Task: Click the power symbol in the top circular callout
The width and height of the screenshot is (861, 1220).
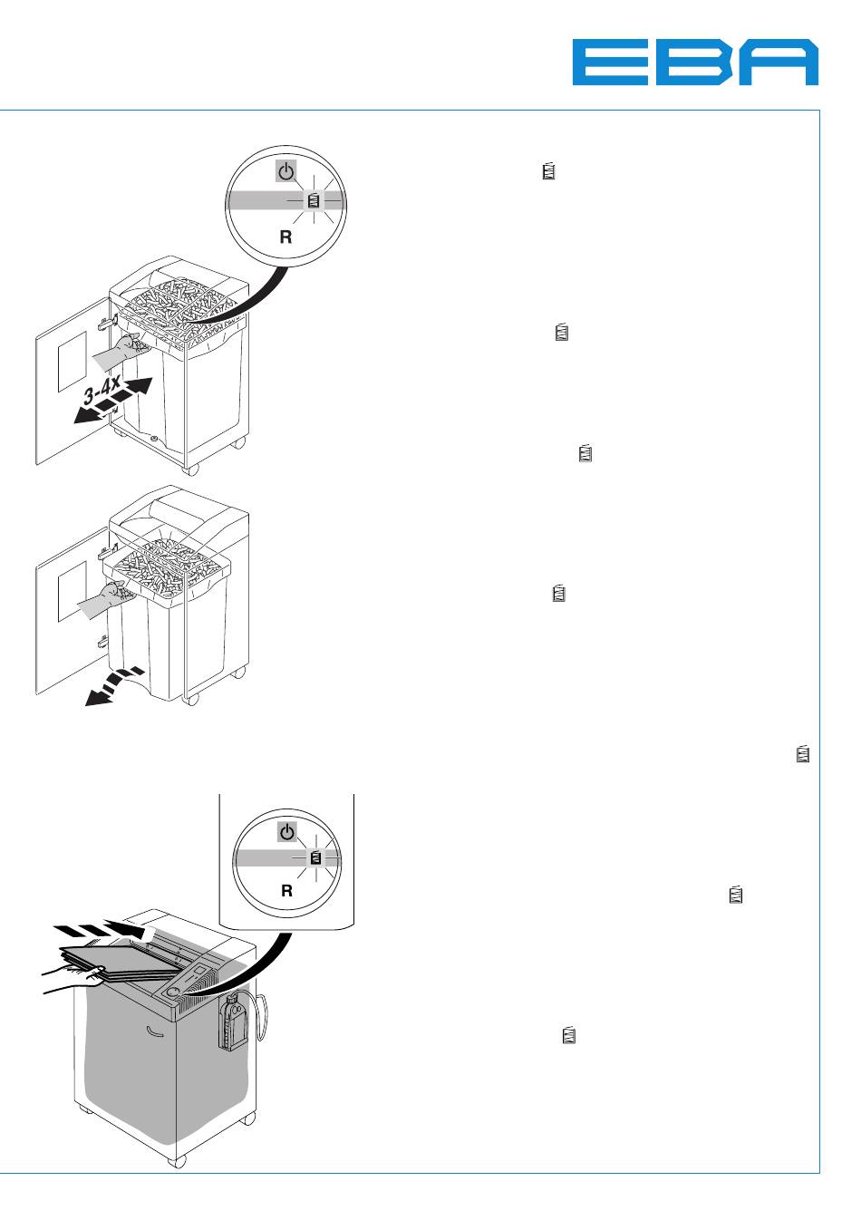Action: [286, 170]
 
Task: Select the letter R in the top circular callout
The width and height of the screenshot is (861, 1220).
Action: [285, 237]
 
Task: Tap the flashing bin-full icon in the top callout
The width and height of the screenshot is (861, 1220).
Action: [314, 200]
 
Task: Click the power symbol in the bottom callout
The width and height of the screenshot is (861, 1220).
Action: [287, 831]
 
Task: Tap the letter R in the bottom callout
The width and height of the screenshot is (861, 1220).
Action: [286, 891]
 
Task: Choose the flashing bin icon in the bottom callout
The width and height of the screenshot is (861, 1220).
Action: [315, 857]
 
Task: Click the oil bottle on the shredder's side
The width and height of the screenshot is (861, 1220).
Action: [235, 1022]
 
